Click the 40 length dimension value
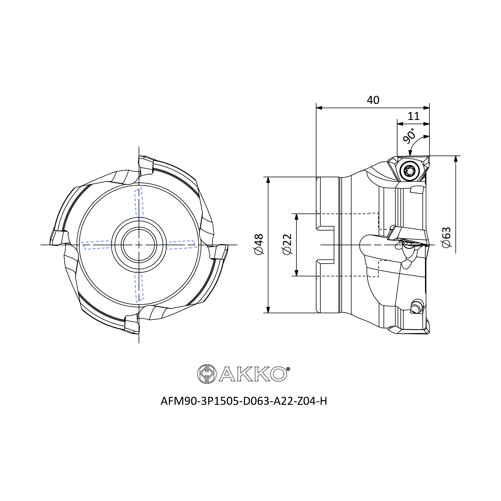click(x=373, y=100)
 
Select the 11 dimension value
click(x=414, y=116)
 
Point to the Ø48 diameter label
click(x=259, y=244)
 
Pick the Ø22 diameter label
click(x=288, y=244)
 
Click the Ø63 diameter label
click(x=447, y=238)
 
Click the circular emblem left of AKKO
click(x=207, y=374)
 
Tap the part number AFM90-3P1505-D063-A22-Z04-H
click(x=244, y=401)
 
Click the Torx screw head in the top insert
click(x=410, y=171)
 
